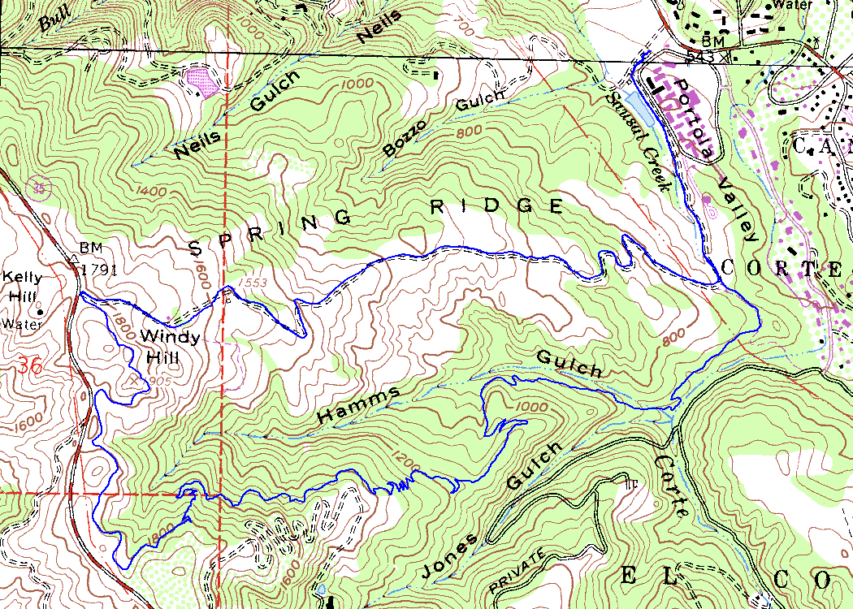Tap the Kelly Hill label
22,287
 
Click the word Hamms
359,404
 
